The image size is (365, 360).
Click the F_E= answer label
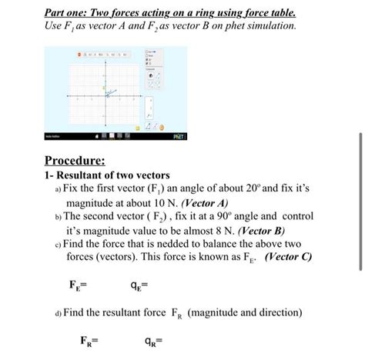pyautogui.click(x=78, y=286)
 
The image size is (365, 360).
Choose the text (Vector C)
pyautogui.click(x=287, y=257)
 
